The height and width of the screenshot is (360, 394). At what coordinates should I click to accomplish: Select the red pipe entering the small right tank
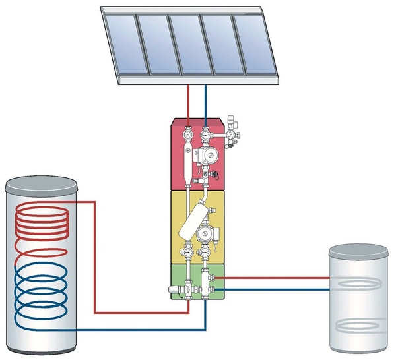point(277,278)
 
